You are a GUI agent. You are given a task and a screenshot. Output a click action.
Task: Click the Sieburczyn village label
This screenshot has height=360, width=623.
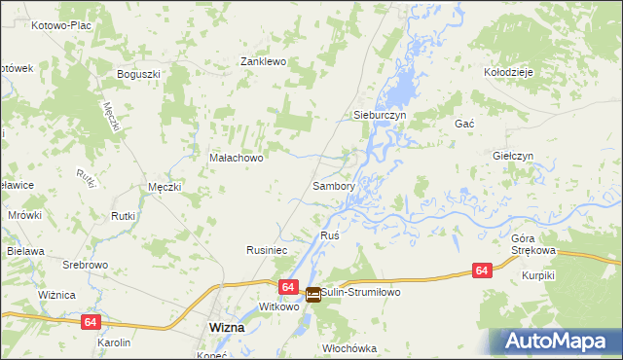[378, 115]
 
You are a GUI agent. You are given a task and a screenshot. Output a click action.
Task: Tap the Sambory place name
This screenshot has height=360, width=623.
[332, 185]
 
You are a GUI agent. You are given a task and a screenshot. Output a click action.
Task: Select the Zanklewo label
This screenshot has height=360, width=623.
[262, 61]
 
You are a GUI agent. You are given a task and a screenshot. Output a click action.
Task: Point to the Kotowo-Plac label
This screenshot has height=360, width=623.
[60, 25]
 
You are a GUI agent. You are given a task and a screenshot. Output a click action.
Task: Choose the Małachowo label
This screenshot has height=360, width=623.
[237, 157]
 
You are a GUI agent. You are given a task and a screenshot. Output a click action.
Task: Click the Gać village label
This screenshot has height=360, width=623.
[463, 125]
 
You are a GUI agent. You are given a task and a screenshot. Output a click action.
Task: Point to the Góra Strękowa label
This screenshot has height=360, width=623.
[532, 244]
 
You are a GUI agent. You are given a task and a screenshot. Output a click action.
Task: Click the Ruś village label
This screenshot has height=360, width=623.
[329, 236]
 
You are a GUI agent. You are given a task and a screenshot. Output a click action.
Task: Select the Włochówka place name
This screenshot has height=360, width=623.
[348, 347]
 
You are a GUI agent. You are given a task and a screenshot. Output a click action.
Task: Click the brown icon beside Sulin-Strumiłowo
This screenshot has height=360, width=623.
[312, 294]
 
